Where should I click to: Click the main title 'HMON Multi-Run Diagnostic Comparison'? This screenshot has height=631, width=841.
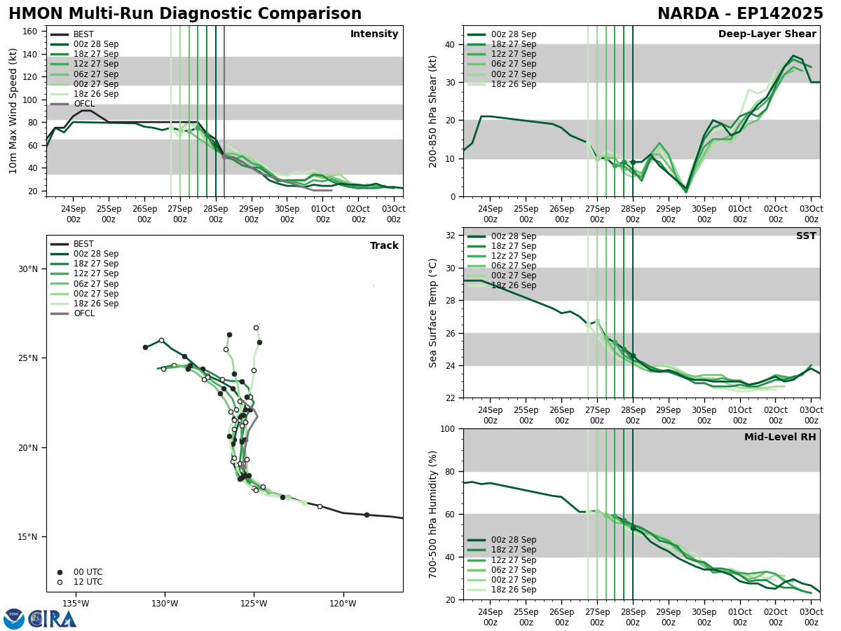coord(185,14)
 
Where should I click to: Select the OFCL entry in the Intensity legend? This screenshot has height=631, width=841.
coord(84,104)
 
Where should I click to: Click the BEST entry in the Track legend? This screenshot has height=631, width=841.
coord(83,244)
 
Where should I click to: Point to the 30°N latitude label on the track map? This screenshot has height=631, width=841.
coord(27,269)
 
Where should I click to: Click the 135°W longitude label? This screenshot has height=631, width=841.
coord(75,604)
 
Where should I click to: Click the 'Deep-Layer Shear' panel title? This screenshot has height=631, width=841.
coord(767,34)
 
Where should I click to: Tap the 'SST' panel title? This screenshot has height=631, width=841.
coord(806,236)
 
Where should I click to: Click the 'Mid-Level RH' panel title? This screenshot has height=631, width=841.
coord(780,437)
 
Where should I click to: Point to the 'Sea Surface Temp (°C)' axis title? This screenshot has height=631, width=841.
coord(434,313)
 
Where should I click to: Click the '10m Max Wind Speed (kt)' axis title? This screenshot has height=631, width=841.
coord(13,111)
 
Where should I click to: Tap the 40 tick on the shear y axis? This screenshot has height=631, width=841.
coord(449,45)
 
